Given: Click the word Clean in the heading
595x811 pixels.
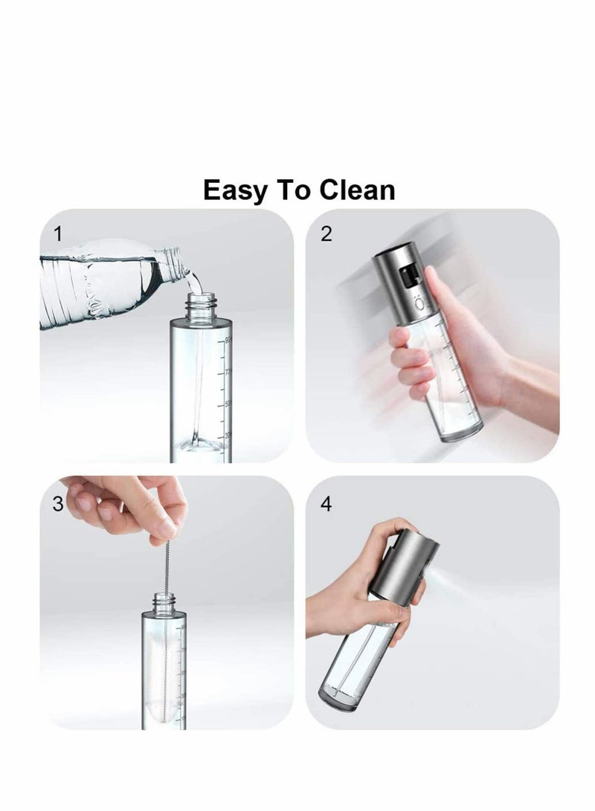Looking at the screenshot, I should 357,190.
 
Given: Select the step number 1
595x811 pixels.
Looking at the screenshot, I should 59,235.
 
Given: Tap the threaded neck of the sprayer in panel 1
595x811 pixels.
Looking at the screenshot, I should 200,306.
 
